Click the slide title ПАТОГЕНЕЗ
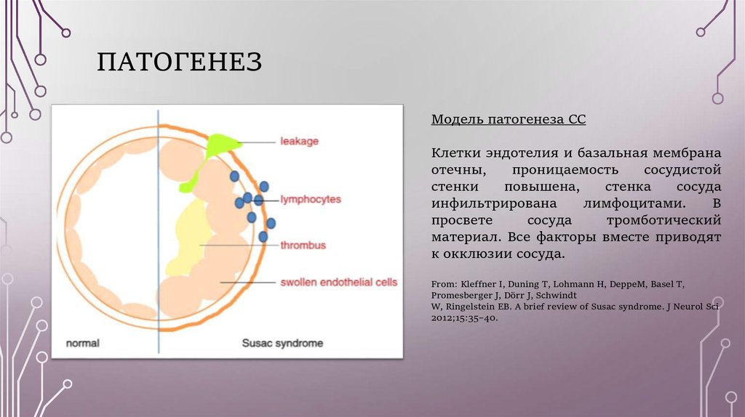coord(179,62)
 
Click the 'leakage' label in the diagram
coord(300,141)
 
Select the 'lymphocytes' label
coord(310,198)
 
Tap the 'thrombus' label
coord(303,245)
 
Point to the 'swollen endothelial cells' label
coord(338,282)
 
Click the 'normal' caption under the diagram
coord(82,342)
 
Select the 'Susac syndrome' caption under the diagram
coord(282,342)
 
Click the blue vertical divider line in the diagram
coord(158,232)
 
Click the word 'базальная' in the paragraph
coord(610,153)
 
